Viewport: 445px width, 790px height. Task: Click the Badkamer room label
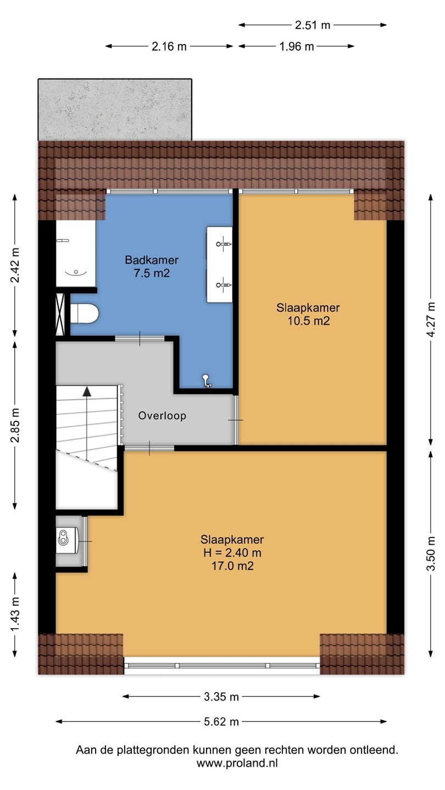pos(152,260)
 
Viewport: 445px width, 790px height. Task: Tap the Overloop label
pos(162,416)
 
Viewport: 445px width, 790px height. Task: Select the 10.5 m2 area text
pos(308,321)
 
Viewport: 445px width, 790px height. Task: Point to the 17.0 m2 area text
pos(232,566)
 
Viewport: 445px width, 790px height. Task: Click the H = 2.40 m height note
pos(232,552)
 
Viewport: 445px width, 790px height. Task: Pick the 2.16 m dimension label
pos(169,47)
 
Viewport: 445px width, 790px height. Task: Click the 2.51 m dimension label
pos(313,25)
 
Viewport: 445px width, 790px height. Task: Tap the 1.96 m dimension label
pos(297,47)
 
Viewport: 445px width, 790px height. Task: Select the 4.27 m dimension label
pos(431,319)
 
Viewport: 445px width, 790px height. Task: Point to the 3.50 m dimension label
pos(431,554)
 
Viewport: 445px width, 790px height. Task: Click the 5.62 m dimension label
pos(221,721)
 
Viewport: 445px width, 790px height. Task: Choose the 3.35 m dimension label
pos(221,697)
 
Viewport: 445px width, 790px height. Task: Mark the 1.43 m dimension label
pos(15,616)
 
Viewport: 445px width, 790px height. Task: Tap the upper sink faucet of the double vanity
pos(223,244)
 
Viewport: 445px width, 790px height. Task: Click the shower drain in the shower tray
pos(76,273)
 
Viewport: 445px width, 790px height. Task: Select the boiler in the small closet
pos(67,540)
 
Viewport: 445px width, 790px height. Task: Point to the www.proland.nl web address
pos(237,764)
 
